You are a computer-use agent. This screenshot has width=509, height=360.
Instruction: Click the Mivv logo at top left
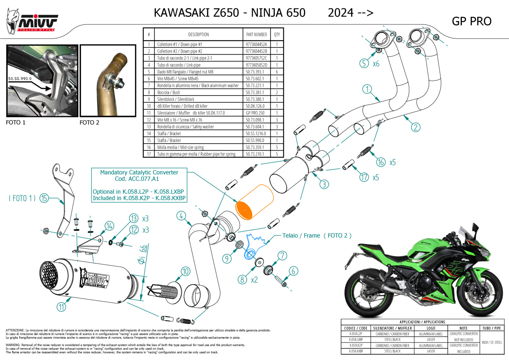tap(32, 21)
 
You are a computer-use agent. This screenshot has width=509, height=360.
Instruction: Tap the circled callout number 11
tap(61, 307)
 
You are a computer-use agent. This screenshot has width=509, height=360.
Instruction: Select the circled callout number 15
tap(44, 198)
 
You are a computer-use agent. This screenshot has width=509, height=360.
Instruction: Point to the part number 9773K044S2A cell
tap(256, 44)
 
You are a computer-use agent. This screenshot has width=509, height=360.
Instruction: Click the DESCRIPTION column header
tap(199, 34)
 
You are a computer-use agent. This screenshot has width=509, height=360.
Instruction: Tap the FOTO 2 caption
tap(89, 123)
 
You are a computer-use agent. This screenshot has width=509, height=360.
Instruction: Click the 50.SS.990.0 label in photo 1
tap(20, 79)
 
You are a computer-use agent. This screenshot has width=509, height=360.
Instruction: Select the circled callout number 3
tap(324, 184)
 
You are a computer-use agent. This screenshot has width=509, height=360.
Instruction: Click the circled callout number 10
tap(185, 271)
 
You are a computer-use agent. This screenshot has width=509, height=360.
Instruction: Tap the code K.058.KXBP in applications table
tap(356, 351)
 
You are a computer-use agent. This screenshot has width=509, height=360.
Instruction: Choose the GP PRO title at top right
tap(471, 21)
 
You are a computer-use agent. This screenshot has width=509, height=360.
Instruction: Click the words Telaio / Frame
tap(301, 235)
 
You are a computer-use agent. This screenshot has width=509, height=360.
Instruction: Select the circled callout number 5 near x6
tap(364, 63)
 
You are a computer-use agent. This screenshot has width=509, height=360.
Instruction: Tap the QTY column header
tap(277, 34)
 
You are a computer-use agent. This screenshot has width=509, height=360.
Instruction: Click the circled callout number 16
tap(381, 162)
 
